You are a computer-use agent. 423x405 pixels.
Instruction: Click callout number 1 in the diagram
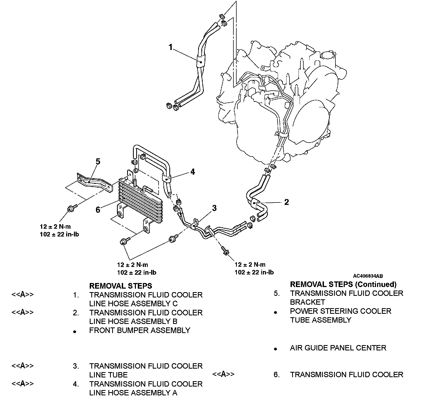click(x=171, y=47)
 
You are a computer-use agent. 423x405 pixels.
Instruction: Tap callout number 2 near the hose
click(x=286, y=202)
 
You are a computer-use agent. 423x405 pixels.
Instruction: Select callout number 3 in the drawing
click(x=214, y=208)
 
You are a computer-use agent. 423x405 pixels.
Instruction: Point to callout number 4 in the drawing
click(x=193, y=172)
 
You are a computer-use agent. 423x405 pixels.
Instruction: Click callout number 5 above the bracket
click(x=98, y=162)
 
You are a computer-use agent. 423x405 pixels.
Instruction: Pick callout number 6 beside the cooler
click(x=98, y=209)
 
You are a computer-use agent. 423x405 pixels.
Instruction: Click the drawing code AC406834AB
click(x=368, y=276)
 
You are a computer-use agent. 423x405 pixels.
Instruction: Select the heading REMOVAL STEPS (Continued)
click(x=343, y=284)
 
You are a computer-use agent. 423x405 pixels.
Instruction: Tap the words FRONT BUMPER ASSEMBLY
click(x=140, y=330)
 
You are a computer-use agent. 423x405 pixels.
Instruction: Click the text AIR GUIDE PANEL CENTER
click(x=338, y=348)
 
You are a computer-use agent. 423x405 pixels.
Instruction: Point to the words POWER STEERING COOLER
click(x=340, y=311)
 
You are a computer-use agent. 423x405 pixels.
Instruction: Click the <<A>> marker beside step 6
click(x=223, y=374)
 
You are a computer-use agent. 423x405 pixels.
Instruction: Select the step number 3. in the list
click(x=76, y=366)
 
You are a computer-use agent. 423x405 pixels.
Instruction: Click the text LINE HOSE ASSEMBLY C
click(x=133, y=304)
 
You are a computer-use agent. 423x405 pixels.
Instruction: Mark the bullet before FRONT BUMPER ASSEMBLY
click(x=75, y=331)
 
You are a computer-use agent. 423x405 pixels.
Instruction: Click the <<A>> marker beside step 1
click(x=22, y=295)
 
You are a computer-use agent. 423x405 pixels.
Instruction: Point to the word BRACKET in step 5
click(x=307, y=302)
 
